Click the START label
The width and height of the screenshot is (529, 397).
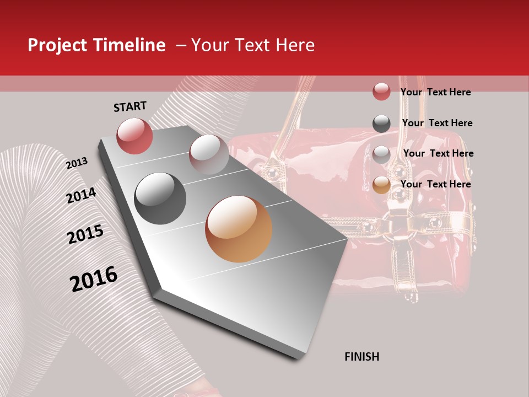coord(130,106)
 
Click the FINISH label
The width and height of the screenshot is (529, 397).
coord(361,357)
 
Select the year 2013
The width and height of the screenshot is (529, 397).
coord(77,163)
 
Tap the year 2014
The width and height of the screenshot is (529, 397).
coord(81,195)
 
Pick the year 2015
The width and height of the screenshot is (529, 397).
coord(85,234)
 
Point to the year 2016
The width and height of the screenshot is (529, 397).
coord(94,279)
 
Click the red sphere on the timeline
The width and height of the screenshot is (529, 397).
coord(134,136)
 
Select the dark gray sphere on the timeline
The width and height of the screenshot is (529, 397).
coord(160,198)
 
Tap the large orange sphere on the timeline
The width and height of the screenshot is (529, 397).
coord(239,229)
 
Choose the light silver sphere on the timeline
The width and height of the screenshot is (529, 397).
coord(209,154)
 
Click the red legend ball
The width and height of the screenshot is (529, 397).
coord(381,92)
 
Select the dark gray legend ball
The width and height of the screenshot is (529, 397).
coord(381,124)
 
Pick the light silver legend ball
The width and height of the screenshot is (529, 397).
coord(381,154)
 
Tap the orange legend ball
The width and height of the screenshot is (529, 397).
coord(381,185)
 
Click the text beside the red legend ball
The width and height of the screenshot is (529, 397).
coord(435,92)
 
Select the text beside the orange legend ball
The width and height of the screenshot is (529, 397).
coord(435,184)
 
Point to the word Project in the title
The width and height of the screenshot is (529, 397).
coord(57,45)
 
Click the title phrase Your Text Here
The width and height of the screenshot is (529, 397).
coord(253,45)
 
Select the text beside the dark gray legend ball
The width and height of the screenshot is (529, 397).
coord(437,123)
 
